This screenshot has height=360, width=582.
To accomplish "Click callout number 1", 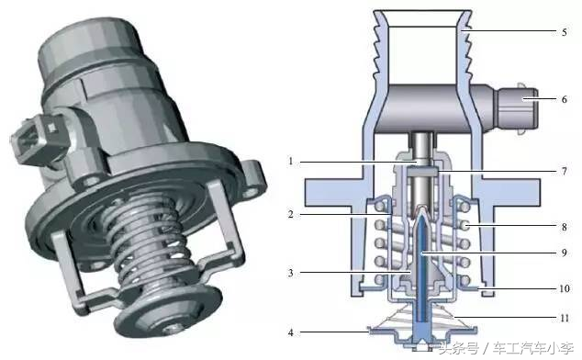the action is click(291, 162).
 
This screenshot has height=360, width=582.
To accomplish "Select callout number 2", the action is click(291, 214).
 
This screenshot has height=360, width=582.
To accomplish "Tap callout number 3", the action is click(291, 273).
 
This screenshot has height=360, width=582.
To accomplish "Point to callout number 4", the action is click(291, 332).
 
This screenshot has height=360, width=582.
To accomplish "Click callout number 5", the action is click(565, 32).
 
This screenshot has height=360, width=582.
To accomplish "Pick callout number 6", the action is click(565, 99).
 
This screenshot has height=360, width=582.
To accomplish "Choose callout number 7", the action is click(565, 171).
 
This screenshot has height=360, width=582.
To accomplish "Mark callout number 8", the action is click(565, 226).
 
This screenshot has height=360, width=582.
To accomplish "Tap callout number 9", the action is click(565, 253).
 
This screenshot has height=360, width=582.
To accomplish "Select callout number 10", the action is click(565, 288).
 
